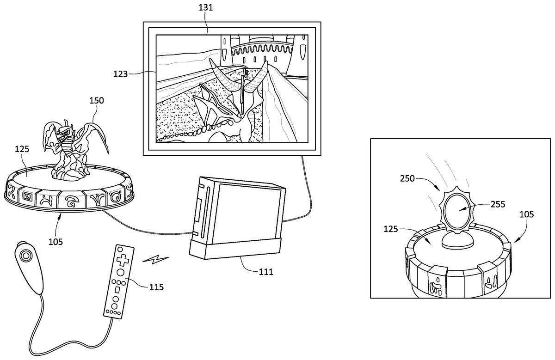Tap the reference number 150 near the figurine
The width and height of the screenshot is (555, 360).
[97, 100]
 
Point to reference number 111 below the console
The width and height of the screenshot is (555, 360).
[265, 272]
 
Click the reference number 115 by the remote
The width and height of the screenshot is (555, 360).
[156, 287]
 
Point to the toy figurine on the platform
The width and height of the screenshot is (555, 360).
[69, 148]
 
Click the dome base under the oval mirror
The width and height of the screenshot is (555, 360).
[458, 240]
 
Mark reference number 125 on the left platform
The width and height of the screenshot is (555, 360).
[22, 149]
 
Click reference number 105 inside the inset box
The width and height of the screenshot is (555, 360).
[526, 214]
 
